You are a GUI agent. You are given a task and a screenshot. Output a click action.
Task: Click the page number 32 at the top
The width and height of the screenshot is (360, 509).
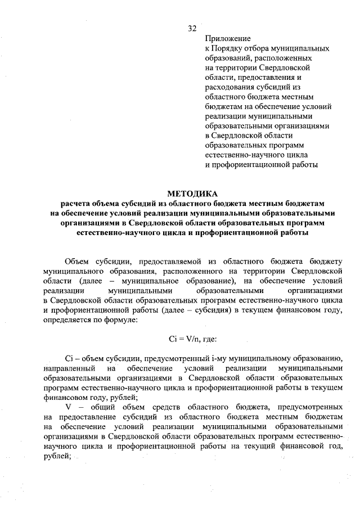[192, 28]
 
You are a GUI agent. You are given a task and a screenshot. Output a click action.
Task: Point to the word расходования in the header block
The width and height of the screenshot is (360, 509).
[231, 87]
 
